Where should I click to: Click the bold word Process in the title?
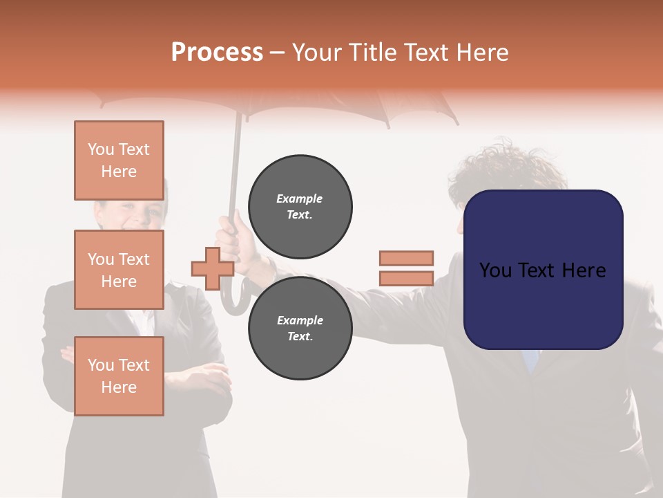[x=217, y=52]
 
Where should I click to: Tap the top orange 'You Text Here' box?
[x=119, y=160]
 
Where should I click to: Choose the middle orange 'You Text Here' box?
[x=119, y=270]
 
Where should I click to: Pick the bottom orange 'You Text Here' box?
[x=119, y=376]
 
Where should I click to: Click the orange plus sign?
[x=213, y=268]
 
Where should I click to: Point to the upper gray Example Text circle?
[x=300, y=206]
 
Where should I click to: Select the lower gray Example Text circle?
[x=300, y=329]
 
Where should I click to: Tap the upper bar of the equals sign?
[x=406, y=258]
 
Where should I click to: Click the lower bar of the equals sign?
[x=406, y=279]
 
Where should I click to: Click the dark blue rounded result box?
[x=543, y=269]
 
